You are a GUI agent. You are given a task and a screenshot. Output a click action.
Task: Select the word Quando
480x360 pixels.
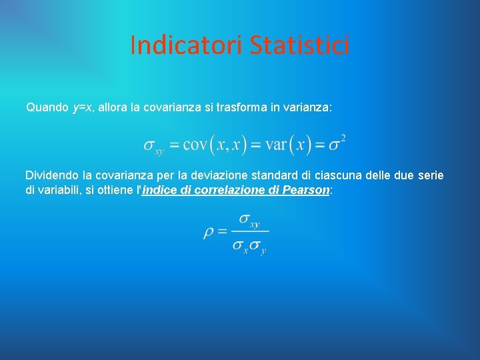click(47, 107)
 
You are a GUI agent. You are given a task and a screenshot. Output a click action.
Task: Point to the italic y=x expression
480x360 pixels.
click(82, 107)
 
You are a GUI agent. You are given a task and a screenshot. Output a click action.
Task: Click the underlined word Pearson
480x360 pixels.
click(305, 190)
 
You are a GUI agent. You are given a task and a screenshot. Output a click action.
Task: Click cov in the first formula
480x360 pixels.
click(195, 145)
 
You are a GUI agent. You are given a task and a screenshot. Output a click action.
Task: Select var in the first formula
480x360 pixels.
click(277, 145)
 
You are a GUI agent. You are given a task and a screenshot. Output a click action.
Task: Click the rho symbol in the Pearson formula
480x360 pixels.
click(209, 233)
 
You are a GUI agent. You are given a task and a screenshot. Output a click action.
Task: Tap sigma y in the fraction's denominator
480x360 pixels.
click(259, 246)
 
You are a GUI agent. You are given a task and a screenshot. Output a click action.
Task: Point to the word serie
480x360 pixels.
click(430, 175)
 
